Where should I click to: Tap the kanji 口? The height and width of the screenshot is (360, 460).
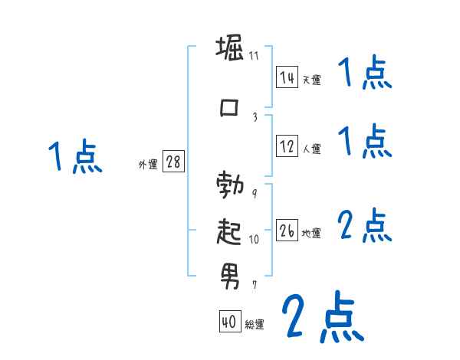coord(230,109)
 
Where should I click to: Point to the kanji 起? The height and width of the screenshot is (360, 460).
coord(230,231)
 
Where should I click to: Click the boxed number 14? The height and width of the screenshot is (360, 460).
coord(287,77)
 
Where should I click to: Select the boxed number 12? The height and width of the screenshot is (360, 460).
coord(287,146)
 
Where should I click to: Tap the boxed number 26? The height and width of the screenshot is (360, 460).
coord(287,231)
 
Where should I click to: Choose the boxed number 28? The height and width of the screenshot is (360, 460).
coord(173,162)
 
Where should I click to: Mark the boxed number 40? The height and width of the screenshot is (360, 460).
coord(229,322)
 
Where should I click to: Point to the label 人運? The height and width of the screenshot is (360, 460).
coord(310,149)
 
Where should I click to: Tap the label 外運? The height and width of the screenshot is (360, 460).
coord(148,164)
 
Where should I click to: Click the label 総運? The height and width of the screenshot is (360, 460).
coord(254,325)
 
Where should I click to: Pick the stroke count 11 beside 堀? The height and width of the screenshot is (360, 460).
coord(254,56)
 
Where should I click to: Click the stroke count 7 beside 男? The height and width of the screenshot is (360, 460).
coord(254,284)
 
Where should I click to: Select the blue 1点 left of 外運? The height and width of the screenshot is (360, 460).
coord(74,158)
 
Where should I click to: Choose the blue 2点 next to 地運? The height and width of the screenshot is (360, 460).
coord(364,225)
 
